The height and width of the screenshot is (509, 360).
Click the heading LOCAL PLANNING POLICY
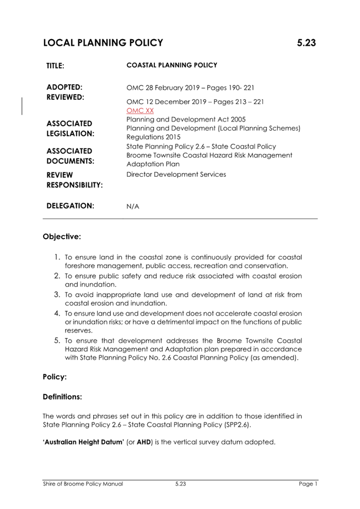[x=103, y=43]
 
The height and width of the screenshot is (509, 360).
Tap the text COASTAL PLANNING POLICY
[x=172, y=65]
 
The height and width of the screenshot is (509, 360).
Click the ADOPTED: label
[x=65, y=87]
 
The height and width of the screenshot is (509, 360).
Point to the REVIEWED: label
[x=65, y=98]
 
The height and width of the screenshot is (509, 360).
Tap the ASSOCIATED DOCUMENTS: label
[x=70, y=156]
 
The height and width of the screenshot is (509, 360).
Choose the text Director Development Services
[x=176, y=174]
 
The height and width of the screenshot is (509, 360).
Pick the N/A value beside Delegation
[x=133, y=207]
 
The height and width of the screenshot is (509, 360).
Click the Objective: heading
[x=62, y=237]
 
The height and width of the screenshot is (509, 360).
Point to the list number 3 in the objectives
[x=57, y=295]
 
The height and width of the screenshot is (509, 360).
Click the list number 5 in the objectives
[x=57, y=341]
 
